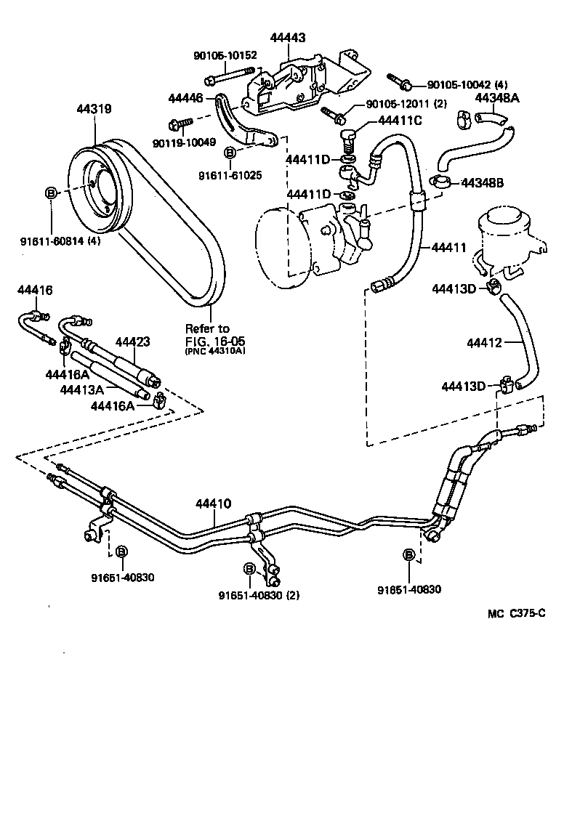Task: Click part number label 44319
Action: click(94, 110)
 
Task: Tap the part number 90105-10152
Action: click(225, 55)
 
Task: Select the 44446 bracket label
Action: click(187, 97)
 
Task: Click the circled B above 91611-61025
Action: click(229, 153)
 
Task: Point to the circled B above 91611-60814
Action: click(52, 193)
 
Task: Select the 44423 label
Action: click(132, 341)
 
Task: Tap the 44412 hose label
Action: click(485, 341)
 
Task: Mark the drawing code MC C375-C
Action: click(516, 612)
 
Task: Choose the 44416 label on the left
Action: click(35, 291)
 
